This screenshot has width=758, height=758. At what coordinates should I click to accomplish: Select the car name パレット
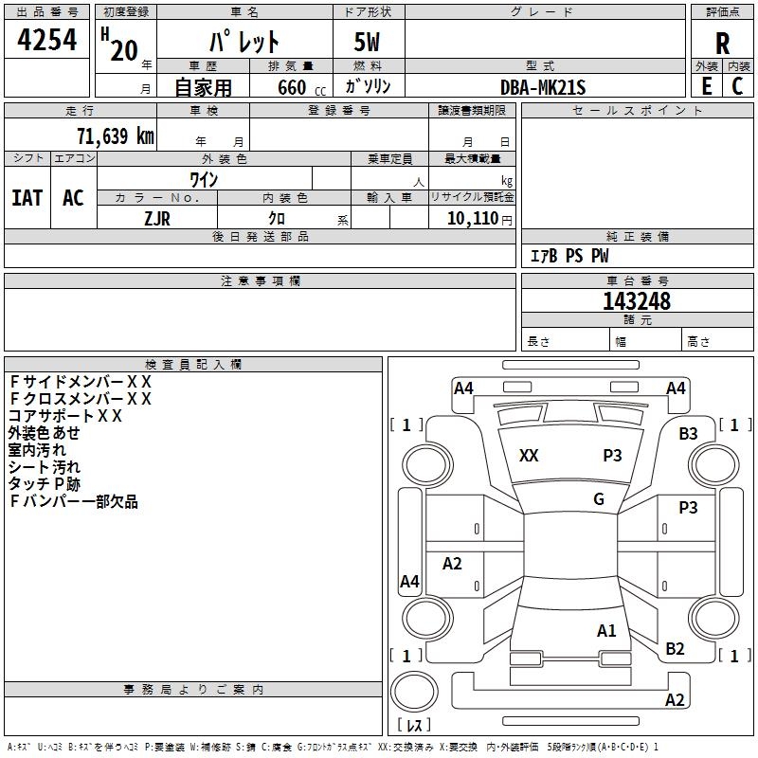[x=244, y=43]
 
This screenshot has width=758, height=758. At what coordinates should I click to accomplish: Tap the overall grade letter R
[x=722, y=44]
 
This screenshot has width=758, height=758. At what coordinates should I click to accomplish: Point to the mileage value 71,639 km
[x=115, y=136]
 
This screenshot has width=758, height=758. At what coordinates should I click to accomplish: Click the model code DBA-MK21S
[x=543, y=87]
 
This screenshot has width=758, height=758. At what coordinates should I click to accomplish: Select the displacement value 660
[x=291, y=88]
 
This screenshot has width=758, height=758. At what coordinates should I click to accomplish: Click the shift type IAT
[x=27, y=198]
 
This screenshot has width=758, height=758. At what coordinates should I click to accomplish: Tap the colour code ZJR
[x=157, y=217]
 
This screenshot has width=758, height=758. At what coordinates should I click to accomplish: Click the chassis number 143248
[x=637, y=301]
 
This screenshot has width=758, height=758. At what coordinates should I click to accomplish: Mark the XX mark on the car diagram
[x=529, y=456]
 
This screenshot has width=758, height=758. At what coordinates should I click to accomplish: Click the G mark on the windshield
[x=599, y=499]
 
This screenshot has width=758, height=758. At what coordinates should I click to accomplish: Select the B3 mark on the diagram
[x=688, y=434]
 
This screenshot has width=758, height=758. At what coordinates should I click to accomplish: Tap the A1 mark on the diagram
[x=606, y=630]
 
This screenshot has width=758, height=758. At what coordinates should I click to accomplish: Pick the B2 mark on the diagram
[x=675, y=648]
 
